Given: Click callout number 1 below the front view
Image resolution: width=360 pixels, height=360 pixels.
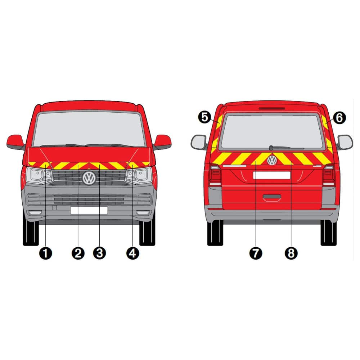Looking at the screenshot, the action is (46, 253).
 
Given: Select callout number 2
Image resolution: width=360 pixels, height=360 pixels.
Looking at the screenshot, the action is (78, 253).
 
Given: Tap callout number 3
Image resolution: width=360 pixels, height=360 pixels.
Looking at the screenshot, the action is (99, 253).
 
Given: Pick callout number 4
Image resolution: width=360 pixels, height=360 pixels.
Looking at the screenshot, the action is (133, 253).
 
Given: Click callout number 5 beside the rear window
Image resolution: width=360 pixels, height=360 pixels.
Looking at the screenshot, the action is (204, 118).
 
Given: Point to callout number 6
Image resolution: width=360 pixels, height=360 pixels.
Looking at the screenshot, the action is (339, 118).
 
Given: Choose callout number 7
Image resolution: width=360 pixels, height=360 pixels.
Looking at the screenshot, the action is (256, 253).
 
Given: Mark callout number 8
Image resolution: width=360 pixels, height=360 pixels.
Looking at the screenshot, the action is (291, 253).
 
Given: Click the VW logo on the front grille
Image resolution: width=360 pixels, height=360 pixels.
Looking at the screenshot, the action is (89, 178).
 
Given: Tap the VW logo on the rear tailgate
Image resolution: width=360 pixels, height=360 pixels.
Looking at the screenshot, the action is (272, 160).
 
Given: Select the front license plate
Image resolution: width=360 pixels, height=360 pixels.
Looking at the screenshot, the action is (89, 210).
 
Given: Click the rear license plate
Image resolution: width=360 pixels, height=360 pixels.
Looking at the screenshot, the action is (271, 175).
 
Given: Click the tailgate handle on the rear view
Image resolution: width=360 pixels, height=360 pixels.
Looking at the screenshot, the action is (272, 197).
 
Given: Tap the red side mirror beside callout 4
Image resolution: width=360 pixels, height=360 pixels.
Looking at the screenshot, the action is (163, 142).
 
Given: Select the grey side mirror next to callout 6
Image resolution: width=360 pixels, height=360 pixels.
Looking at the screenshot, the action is (345, 142).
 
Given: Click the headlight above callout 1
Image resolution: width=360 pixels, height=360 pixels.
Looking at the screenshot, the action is (39, 175).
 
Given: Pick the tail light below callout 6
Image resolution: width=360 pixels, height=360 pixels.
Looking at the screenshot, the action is (329, 176).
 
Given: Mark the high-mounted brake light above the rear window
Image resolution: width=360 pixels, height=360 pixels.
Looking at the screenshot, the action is (272, 108).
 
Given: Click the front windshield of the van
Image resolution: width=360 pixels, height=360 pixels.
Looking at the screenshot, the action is (89, 129).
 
